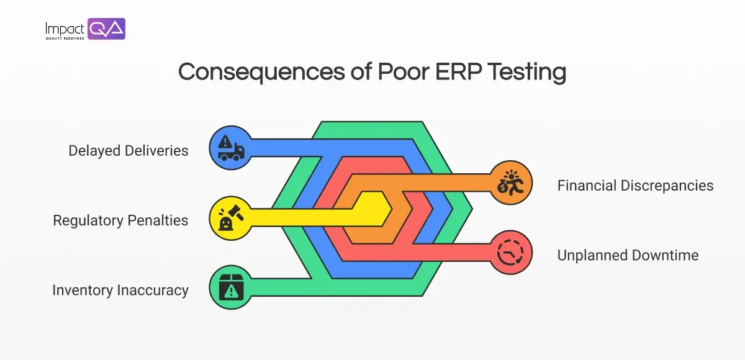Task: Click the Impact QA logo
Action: click(x=85, y=29)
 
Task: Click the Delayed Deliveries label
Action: click(x=129, y=151)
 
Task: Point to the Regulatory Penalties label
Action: click(x=120, y=220)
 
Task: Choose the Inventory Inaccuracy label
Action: click(x=120, y=290)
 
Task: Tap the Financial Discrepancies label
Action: click(x=635, y=186)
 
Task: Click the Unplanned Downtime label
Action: click(x=628, y=255)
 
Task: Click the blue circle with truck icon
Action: click(x=230, y=147)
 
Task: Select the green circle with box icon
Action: click(x=230, y=286)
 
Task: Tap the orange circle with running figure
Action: click(x=511, y=182)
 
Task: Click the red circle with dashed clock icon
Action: click(x=511, y=251)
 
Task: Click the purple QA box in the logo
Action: click(x=106, y=29)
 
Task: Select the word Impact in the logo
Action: click(x=65, y=28)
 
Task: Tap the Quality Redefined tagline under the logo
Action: click(x=65, y=38)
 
